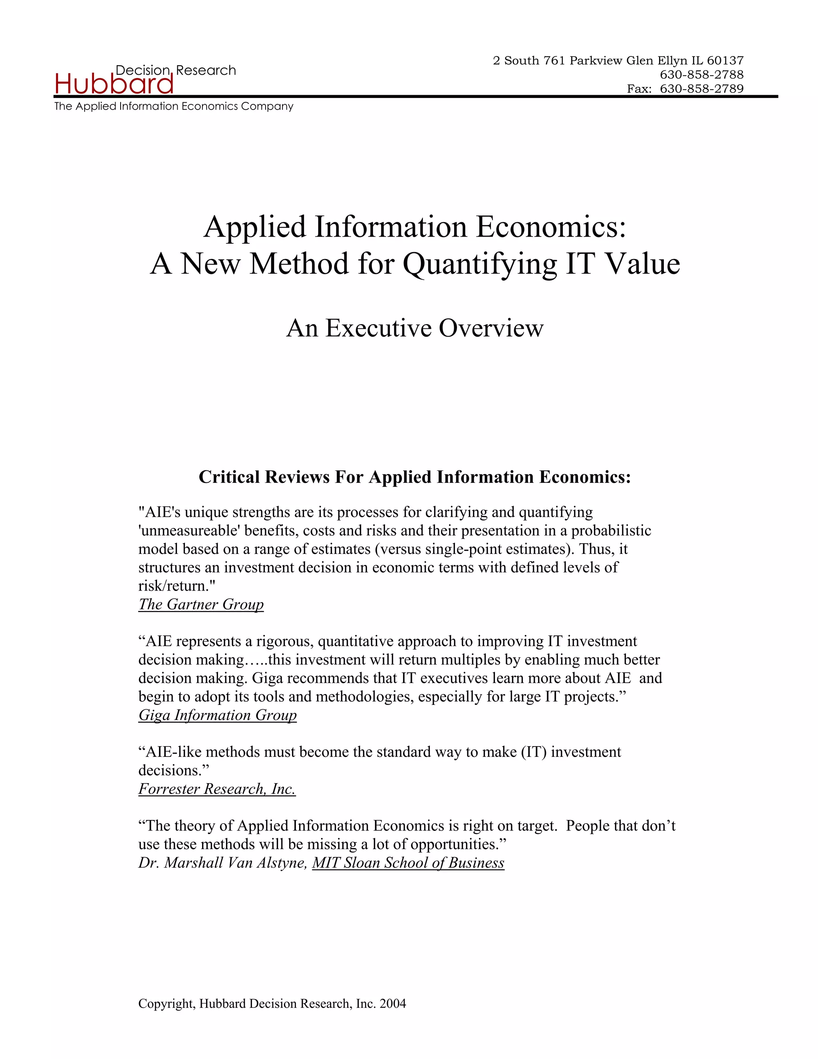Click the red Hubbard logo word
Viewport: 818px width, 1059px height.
click(114, 84)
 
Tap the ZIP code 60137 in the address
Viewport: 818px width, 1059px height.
click(725, 61)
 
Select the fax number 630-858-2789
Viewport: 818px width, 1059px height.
click(702, 89)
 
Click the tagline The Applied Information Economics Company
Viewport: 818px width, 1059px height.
click(173, 106)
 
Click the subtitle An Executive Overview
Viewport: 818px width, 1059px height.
click(415, 328)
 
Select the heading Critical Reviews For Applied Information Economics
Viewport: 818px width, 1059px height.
click(415, 477)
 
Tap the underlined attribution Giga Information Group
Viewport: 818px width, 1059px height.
click(218, 715)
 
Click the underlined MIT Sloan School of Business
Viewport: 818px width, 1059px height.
click(408, 863)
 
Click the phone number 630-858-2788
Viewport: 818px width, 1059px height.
click(702, 75)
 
